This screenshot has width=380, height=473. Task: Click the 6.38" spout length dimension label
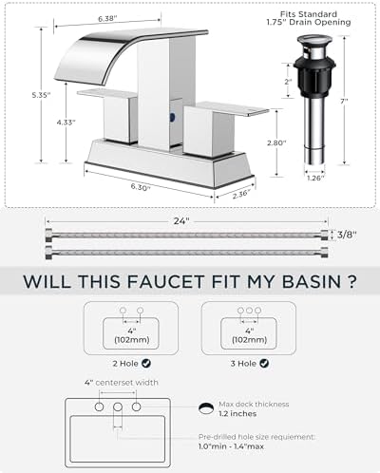(x=107, y=19)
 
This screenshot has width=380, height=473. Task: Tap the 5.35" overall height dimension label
(x=41, y=95)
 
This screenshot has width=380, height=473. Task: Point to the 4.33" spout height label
(x=66, y=123)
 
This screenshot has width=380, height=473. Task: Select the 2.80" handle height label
(x=276, y=142)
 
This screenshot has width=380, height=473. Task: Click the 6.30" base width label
(x=141, y=187)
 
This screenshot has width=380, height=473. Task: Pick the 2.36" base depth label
(x=241, y=194)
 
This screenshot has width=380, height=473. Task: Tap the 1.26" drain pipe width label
(x=315, y=178)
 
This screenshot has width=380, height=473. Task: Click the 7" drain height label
(x=344, y=101)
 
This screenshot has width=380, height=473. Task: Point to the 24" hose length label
(x=181, y=221)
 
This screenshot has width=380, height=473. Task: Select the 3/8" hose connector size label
(x=347, y=235)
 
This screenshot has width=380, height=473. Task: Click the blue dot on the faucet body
(x=172, y=117)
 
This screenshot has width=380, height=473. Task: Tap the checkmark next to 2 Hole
(x=146, y=363)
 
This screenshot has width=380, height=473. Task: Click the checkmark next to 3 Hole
(x=264, y=363)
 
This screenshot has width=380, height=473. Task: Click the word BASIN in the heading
(x=307, y=281)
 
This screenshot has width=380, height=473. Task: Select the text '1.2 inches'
(x=237, y=414)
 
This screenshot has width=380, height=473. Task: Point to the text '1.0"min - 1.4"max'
(x=231, y=446)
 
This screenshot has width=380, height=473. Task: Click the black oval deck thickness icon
(x=206, y=408)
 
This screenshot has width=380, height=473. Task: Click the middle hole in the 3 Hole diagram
(x=249, y=311)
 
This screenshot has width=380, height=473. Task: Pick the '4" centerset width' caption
(x=122, y=383)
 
